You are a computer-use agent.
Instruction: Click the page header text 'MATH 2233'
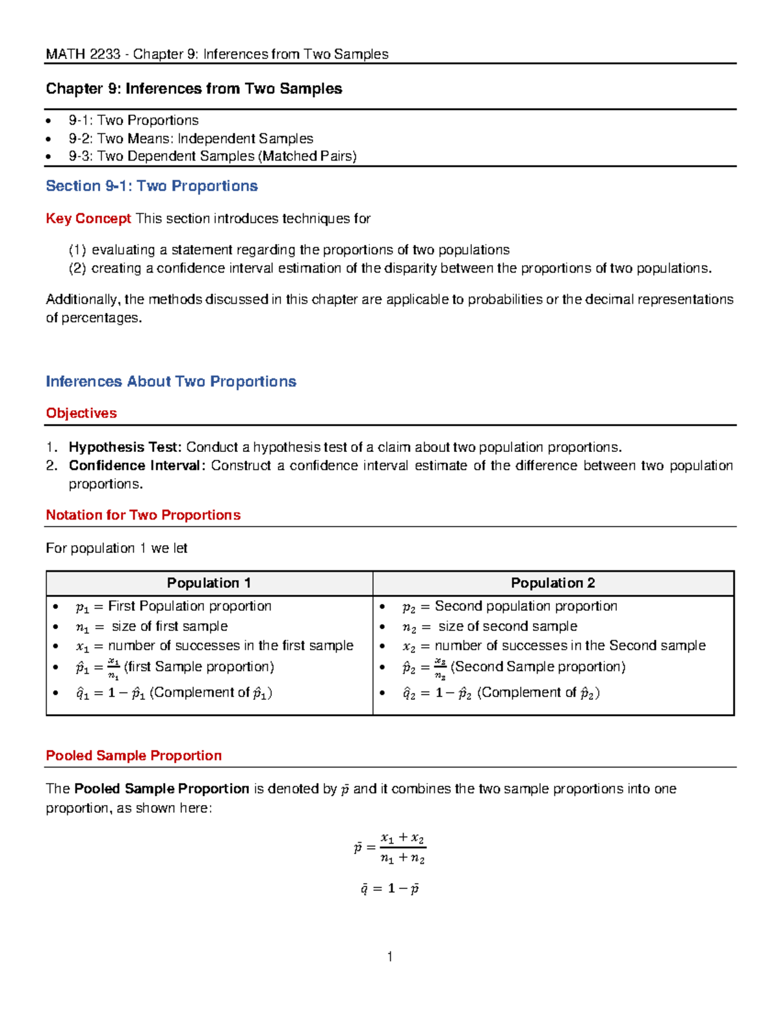(83, 54)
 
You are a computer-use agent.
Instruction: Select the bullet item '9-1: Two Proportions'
(133, 120)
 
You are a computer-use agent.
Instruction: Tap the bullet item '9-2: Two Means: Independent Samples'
(190, 139)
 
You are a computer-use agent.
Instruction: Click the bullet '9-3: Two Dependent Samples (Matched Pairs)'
(213, 156)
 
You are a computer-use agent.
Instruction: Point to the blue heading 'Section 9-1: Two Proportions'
(151, 186)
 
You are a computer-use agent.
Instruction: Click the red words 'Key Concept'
(88, 219)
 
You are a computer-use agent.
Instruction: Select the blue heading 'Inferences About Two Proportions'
(171, 382)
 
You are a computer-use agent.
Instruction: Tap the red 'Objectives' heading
(81, 414)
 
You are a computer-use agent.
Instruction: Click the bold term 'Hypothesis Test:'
(125, 447)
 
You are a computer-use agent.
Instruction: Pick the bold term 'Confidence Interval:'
(137, 466)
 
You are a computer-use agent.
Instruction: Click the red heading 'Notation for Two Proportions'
(143, 515)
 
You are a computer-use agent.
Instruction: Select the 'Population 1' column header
(209, 583)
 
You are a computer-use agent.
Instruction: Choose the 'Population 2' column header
(552, 583)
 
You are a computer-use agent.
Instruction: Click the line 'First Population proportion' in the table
(189, 606)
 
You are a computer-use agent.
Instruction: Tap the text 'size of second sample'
(507, 626)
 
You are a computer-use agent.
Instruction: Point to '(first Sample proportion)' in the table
(199, 667)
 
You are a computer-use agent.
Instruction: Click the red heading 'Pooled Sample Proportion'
(133, 756)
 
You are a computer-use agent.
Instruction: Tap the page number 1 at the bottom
(389, 956)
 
